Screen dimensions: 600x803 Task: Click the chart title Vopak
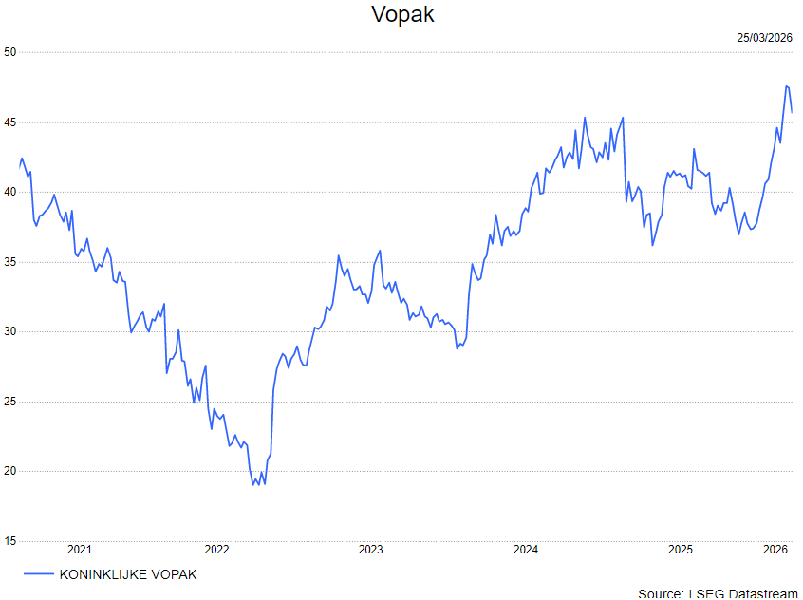pos(402,15)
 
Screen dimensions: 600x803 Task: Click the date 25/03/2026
pos(764,38)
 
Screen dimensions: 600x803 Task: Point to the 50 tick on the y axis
pos(10,52)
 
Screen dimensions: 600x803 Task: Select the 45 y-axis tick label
pos(10,122)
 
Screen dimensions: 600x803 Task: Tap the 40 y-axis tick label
pos(10,192)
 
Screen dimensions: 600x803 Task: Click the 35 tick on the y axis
pos(10,262)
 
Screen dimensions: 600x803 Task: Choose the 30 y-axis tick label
pos(10,331)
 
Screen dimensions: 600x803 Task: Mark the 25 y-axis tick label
pos(10,402)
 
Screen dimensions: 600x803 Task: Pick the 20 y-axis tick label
pos(10,471)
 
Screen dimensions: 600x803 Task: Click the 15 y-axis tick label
pos(10,541)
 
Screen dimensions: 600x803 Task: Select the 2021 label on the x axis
pos(80,550)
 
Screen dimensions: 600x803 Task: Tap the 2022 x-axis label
pos(216,550)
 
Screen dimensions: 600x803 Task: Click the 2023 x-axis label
pos(370,550)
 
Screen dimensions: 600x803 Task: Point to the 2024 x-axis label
pos(525,550)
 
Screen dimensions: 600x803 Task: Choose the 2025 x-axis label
pos(680,550)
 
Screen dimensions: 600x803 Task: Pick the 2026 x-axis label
pos(776,550)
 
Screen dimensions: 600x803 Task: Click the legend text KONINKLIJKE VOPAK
pos(128,574)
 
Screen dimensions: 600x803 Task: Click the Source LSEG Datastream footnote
pos(718,593)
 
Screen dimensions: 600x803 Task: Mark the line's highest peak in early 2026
pos(786,86)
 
